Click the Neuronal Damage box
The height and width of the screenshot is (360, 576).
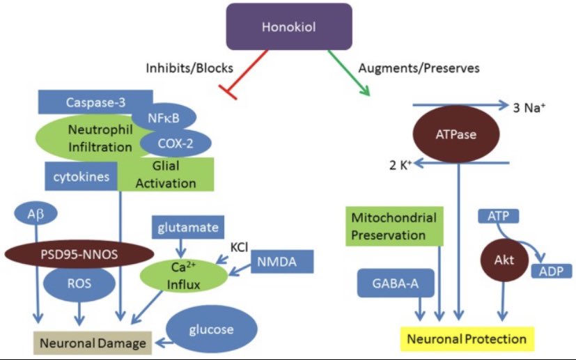click(x=92, y=343)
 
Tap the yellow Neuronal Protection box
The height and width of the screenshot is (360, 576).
click(x=466, y=339)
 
